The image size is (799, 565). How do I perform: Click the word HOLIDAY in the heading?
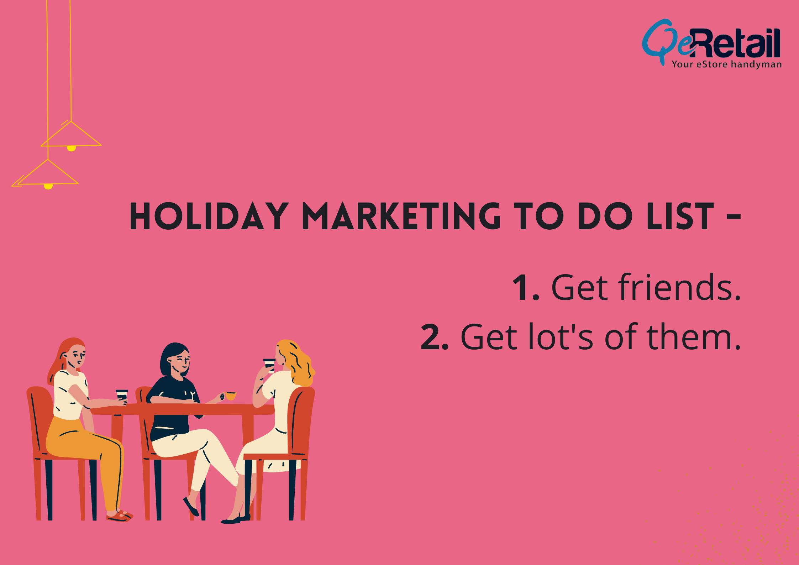point(209,216)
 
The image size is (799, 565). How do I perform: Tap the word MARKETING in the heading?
point(401,216)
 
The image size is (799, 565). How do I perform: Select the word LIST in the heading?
point(680,216)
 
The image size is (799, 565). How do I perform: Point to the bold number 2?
point(434,337)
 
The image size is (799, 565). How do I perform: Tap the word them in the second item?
point(694,337)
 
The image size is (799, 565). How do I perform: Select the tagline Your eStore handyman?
point(727,64)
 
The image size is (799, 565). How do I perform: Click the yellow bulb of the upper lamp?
point(71,148)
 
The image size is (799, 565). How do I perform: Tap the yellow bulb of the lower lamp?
point(48,186)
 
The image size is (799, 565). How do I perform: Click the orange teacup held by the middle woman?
point(231,396)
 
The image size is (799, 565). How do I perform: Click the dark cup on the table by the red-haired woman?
point(122,395)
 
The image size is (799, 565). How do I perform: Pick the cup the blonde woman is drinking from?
point(269,365)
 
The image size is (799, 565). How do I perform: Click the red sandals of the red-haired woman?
point(120,516)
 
